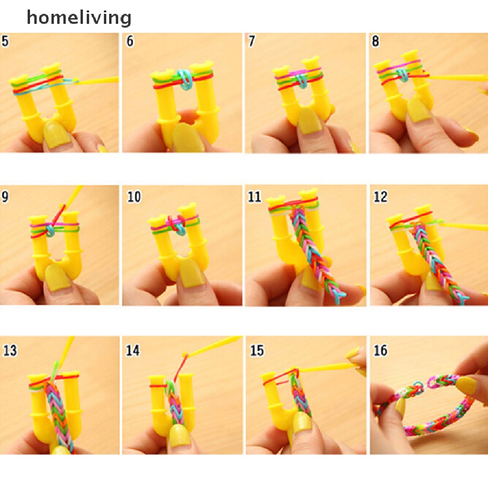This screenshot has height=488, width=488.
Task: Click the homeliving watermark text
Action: pos(79,18)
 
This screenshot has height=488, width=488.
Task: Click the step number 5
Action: pos(5,41)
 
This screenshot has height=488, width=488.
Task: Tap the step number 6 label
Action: pos(130,41)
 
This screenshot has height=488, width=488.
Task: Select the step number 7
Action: pos(252,41)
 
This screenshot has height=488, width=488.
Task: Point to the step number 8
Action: pos(376,41)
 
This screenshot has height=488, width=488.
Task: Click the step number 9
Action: pos(5,196)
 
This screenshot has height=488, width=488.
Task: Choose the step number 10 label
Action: pos(134,196)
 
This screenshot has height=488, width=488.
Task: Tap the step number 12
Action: pos(380,196)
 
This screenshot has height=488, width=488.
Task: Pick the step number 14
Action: pos(133,351)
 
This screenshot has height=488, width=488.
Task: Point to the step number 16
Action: pos(380,351)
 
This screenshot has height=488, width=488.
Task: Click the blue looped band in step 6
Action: pos(183,79)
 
